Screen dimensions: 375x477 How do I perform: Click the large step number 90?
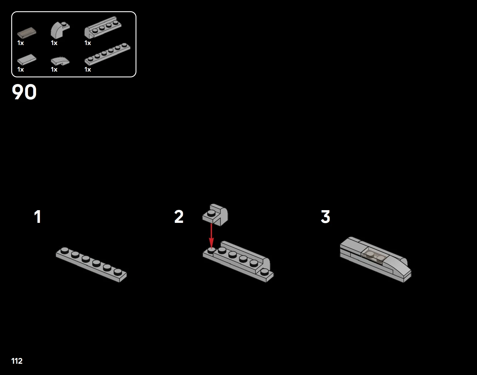pos(24,92)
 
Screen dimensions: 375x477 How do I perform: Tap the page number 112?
pos(17,361)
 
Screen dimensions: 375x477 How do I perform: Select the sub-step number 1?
pos(37,217)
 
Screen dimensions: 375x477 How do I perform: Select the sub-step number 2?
pos(179,217)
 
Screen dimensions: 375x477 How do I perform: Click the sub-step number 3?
pos(325,217)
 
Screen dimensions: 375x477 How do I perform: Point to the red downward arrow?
pos(211,235)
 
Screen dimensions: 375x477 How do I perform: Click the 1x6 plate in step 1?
pos(91,264)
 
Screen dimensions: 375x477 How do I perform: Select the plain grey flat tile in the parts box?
pos(27,60)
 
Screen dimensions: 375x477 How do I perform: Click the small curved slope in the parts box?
pos(60,61)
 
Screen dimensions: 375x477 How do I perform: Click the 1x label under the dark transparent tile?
pos(20,43)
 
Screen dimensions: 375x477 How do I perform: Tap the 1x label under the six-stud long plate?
pos(88,70)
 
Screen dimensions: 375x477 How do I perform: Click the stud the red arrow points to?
pos(211,250)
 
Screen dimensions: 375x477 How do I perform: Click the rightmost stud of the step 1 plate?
pos(118,272)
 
